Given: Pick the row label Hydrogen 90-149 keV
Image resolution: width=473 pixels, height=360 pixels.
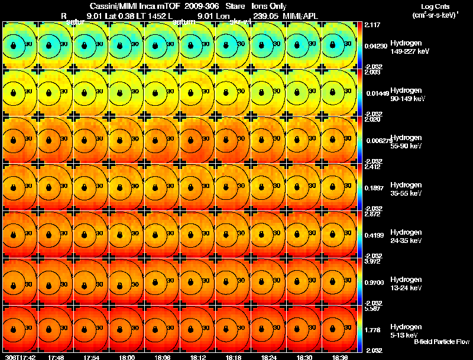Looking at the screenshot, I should tap(410, 95).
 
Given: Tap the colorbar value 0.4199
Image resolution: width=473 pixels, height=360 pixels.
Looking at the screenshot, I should tap(375, 235).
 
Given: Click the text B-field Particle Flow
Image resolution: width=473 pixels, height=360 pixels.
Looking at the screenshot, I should tap(441, 342).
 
